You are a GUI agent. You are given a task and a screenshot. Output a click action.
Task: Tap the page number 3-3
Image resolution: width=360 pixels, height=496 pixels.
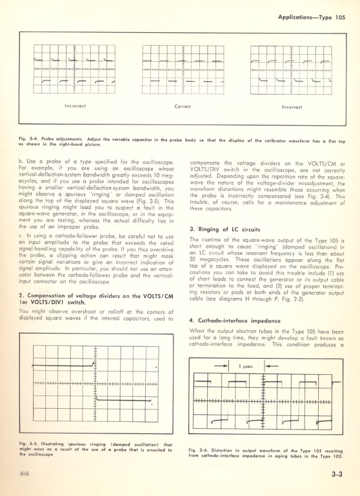(334, 473)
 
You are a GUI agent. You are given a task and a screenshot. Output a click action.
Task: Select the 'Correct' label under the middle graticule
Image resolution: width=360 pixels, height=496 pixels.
(183, 106)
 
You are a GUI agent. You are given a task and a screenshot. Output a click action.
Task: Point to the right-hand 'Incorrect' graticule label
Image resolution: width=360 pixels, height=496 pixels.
(292, 106)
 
